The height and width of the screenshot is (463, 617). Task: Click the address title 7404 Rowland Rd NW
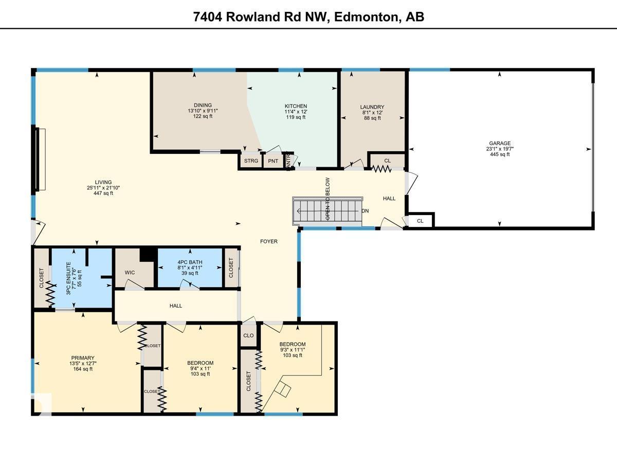308,16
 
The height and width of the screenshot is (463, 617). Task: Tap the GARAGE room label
500,144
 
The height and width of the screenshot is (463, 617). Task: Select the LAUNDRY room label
372,107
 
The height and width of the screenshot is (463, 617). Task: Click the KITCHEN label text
296,106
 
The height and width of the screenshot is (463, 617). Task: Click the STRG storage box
251,161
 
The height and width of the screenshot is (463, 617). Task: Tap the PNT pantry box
273,161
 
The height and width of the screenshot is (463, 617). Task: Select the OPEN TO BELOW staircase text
328,199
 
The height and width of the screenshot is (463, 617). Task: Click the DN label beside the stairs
365,211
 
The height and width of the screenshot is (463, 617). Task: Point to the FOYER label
268,241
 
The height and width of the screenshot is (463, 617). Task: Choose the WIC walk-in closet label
130,272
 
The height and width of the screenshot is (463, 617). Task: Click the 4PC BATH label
190,262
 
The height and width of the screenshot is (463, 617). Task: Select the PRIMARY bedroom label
83,358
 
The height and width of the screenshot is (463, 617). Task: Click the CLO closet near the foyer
248,335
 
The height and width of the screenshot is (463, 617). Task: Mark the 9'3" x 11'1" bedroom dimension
292,350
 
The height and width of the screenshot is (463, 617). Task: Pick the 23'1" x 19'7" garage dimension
500,149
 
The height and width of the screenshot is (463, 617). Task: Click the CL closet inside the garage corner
420,221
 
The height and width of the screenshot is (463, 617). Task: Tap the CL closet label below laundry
387,161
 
